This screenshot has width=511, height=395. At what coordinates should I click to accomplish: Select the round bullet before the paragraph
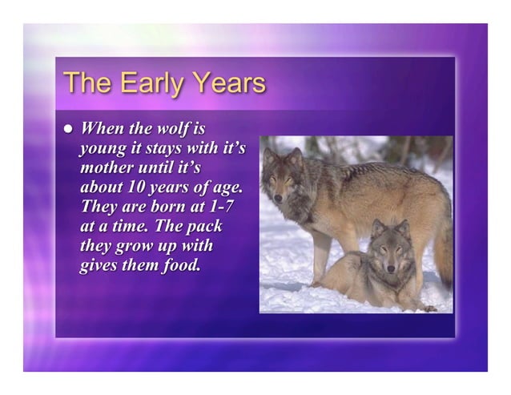(x=68, y=128)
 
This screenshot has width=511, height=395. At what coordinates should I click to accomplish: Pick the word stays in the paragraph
(x=165, y=148)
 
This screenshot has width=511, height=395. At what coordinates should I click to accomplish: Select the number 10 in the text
(x=133, y=187)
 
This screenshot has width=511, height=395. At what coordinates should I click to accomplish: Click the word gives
(x=99, y=265)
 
